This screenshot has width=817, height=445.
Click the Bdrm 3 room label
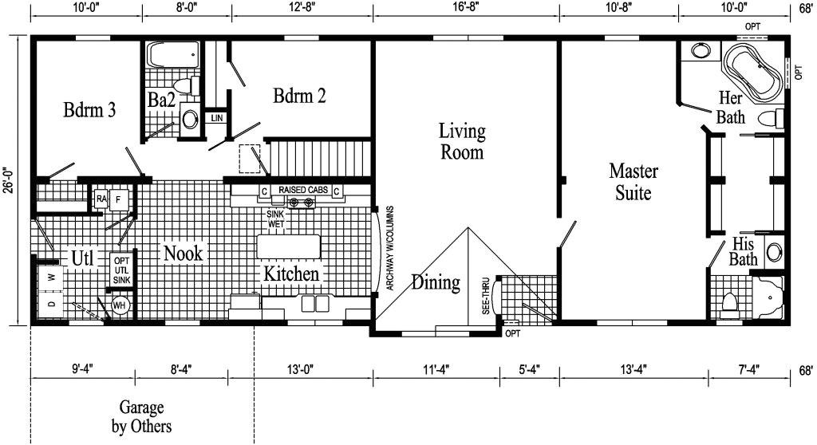tap(90, 110)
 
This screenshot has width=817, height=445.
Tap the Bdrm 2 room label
tap(299, 96)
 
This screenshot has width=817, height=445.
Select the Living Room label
tap(462, 140)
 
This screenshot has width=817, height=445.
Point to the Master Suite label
tap(630, 181)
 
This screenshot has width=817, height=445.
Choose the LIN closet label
tap(216, 118)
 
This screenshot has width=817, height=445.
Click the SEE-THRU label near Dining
tap(486, 299)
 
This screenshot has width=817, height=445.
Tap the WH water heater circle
tap(120, 305)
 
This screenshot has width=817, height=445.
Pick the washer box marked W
tap(51, 278)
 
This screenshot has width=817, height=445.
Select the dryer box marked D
tap(51, 305)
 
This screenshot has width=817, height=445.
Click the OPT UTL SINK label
tap(121, 270)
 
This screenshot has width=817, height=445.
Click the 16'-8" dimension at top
tap(465, 10)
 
